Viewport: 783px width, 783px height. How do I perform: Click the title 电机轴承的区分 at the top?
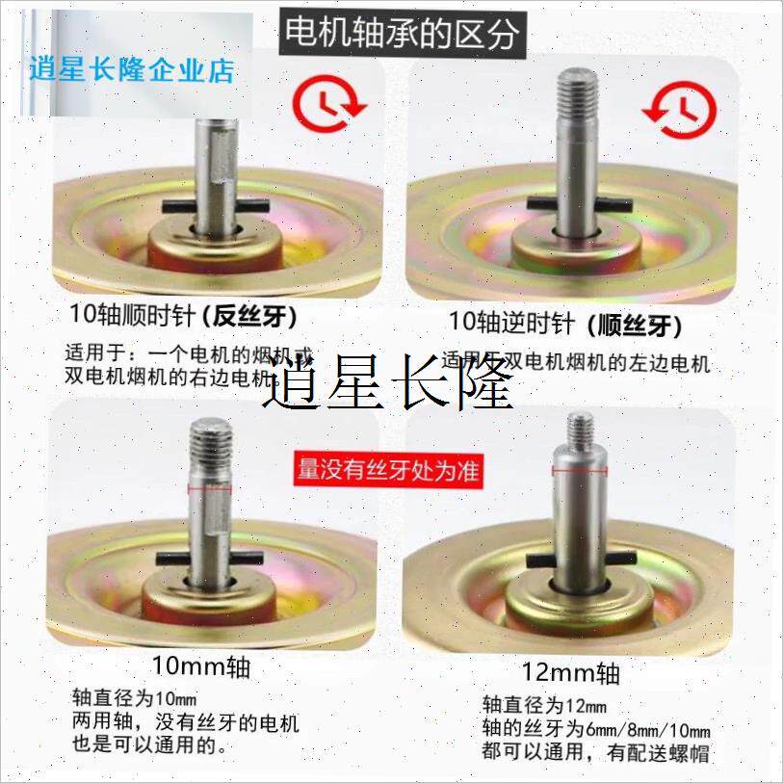click(x=401, y=33)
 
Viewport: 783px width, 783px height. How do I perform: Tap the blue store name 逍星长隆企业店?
click(x=132, y=69)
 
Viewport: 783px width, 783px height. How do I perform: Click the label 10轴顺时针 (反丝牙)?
click(x=182, y=315)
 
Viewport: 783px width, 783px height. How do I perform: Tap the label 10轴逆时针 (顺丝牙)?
click(x=565, y=324)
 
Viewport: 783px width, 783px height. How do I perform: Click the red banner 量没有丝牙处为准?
click(x=388, y=470)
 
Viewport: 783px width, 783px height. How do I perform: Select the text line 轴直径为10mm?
click(x=135, y=698)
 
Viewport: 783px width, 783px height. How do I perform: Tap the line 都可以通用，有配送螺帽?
click(x=595, y=752)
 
